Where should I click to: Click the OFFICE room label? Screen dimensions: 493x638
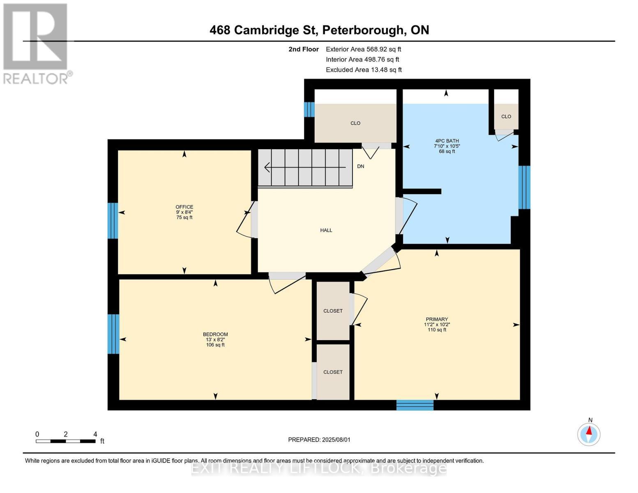[184, 207]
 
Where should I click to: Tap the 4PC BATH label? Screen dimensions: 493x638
[447, 141]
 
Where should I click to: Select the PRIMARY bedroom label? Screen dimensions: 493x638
[437, 319]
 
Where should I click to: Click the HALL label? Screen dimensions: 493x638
[326, 230]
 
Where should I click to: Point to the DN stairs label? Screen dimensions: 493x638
[360, 166]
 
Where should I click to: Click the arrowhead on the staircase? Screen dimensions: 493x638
[267, 167]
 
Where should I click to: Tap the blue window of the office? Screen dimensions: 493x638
[113, 221]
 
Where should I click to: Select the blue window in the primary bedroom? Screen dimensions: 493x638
[415, 405]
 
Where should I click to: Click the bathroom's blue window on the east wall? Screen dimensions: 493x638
[524, 187]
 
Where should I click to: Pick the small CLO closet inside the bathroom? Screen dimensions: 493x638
[506, 117]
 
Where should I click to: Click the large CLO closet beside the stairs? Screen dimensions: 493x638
[355, 123]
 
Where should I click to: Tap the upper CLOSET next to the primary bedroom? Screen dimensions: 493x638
[333, 311]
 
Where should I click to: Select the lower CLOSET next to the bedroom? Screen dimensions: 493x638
[333, 372]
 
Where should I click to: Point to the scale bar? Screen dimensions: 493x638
[66, 441]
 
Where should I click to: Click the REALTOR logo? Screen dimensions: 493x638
[36, 43]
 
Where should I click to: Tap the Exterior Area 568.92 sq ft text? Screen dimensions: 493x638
[363, 49]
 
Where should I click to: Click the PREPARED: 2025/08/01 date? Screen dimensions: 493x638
[319, 440]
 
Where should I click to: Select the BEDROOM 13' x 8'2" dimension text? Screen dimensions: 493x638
[215, 340]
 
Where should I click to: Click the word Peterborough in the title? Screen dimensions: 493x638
[362, 30]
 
